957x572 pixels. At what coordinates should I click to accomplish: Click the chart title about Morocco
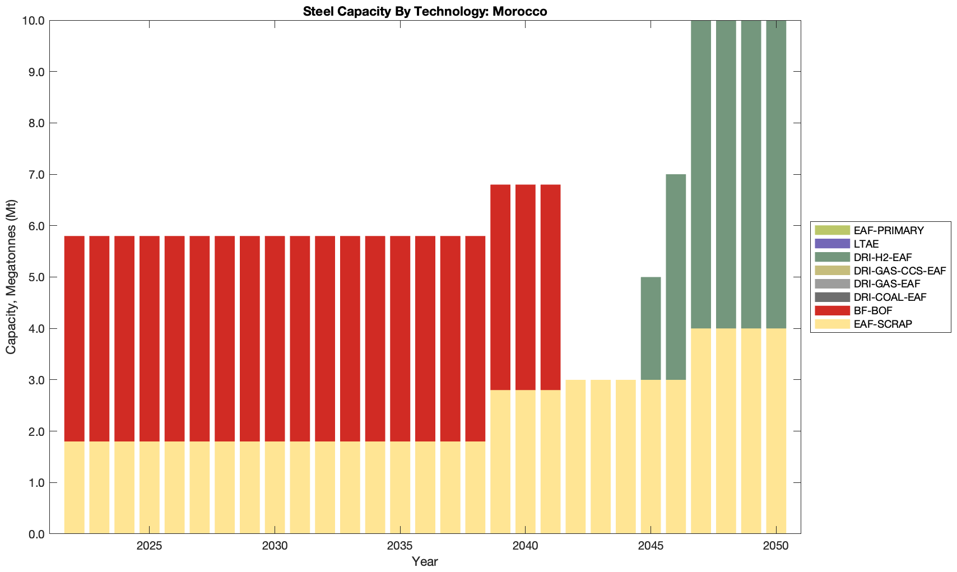pos(425,11)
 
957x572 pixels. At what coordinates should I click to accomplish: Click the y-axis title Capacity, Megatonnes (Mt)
pos(11,277)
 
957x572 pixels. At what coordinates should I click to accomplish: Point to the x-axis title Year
pos(425,561)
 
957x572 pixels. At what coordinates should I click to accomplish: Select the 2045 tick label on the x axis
pos(651,546)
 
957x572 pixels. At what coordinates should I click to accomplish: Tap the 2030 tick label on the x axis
pos(275,546)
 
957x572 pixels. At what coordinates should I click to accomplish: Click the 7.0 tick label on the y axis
pos(35,175)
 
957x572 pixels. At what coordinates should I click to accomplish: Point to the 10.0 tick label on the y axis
pos(33,21)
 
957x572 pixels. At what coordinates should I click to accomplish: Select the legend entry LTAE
pos(866,244)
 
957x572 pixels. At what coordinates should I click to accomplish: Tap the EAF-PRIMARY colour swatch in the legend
pos(832,230)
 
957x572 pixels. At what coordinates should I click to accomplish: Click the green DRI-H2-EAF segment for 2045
pos(651,328)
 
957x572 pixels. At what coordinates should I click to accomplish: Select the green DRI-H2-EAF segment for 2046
pos(676,277)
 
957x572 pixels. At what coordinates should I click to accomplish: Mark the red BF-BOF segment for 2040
pos(525,287)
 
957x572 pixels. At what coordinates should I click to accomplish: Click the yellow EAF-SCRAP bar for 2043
pos(601,457)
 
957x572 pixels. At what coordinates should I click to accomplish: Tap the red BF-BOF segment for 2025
pos(149,338)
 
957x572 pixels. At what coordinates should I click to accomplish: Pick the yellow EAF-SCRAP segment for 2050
pos(776,431)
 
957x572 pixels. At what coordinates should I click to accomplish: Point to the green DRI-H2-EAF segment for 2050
pos(776,174)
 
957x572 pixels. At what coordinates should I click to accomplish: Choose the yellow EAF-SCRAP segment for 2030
pos(275,487)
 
